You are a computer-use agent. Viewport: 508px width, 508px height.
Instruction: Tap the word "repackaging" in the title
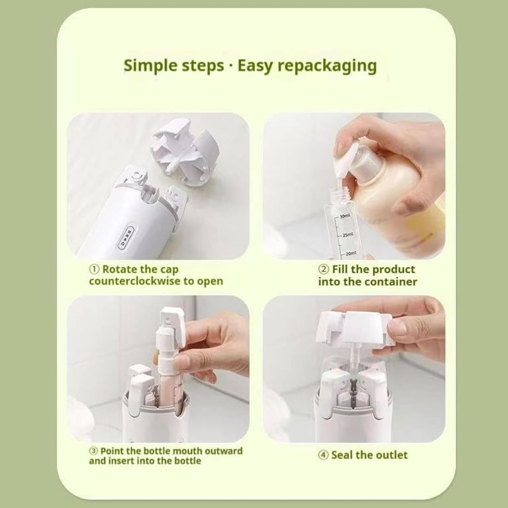tap(327, 66)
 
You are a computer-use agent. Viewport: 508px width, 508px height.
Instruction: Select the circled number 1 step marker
tap(94, 270)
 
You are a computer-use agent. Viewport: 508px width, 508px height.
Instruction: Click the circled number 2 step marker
tap(323, 270)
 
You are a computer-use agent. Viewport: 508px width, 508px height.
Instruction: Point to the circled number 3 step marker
tap(93, 451)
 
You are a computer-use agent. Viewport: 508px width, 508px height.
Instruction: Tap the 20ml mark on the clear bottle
tap(350, 253)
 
